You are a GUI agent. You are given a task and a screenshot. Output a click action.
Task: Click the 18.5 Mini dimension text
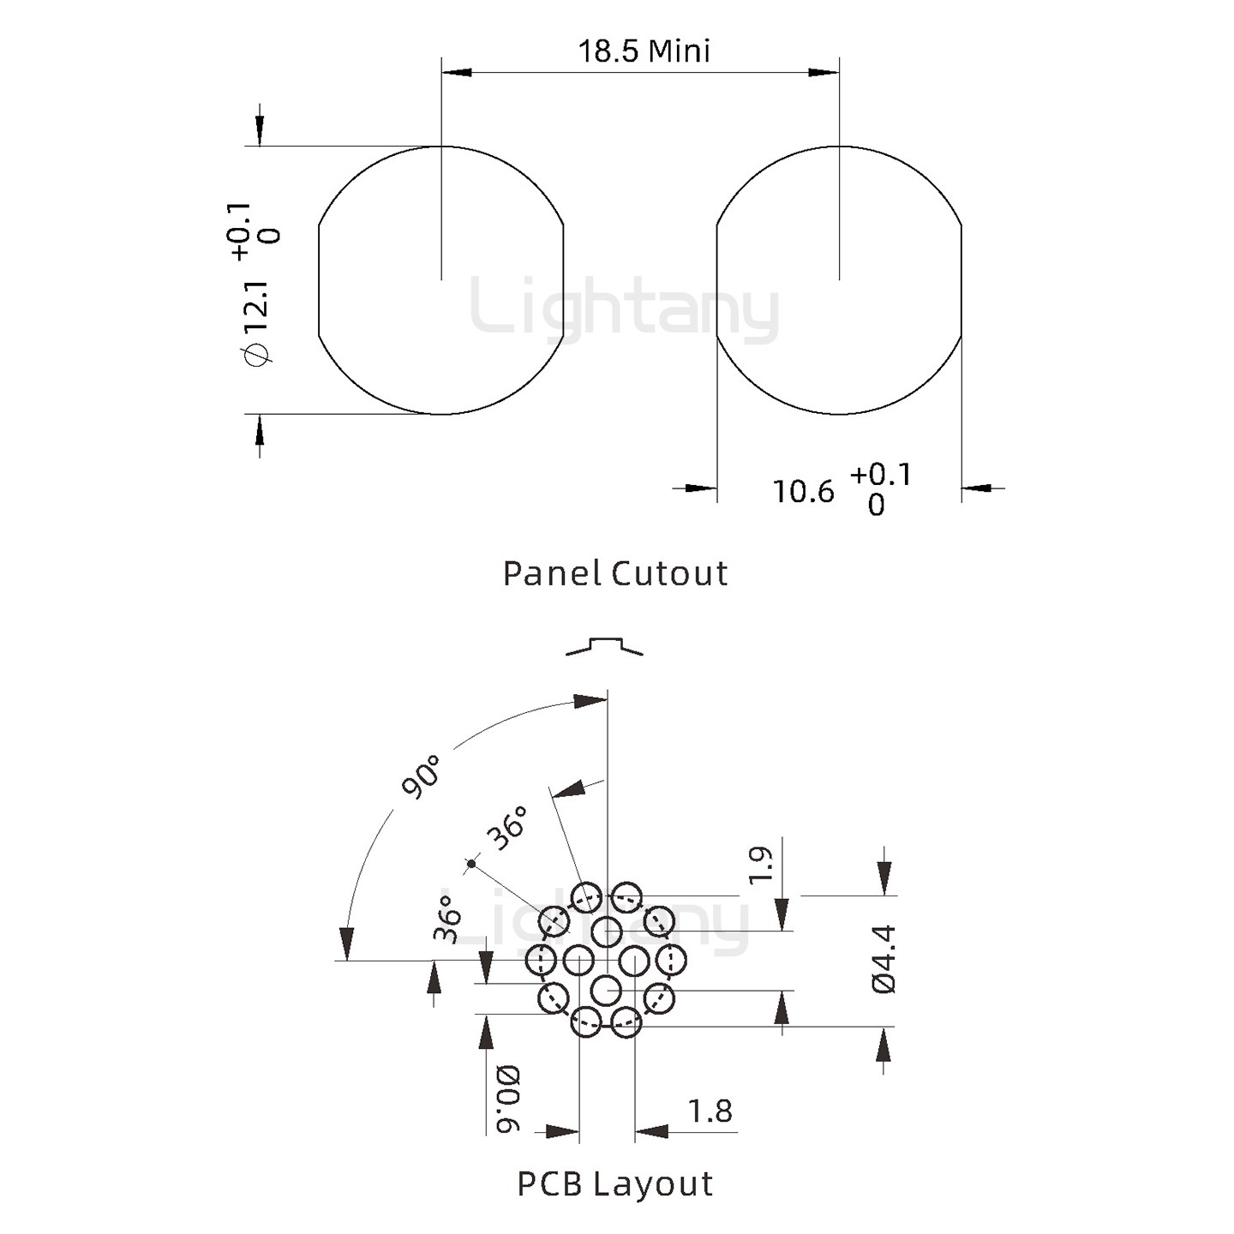644,51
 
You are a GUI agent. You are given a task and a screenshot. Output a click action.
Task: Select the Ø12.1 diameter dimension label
257,323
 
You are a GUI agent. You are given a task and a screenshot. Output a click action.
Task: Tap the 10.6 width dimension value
804,492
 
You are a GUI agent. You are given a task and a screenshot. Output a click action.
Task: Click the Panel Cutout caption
614,573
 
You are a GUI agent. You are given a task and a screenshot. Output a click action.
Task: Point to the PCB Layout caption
614,1183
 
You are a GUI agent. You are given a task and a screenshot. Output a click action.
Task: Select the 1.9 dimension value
761,866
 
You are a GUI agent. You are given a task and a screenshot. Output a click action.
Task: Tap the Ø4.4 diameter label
884,959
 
